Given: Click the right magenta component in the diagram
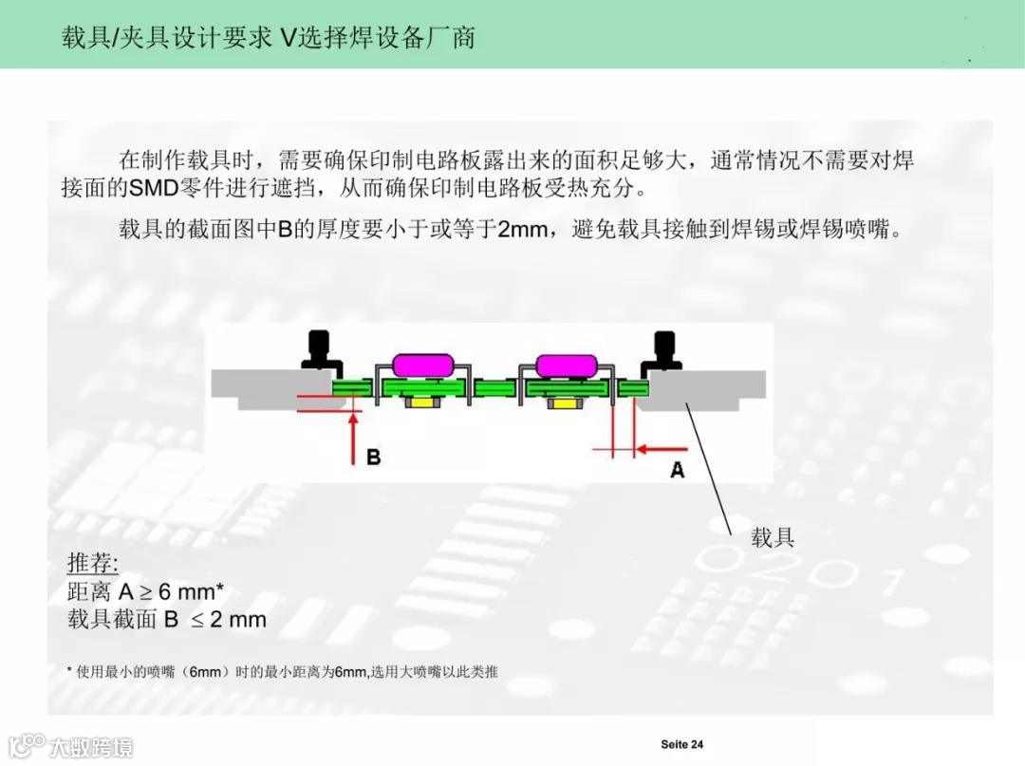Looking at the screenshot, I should [x=566, y=364].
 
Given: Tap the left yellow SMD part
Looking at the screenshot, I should [x=417, y=403].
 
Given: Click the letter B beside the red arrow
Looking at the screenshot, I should [x=373, y=457].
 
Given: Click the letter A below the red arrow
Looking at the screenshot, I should [x=678, y=468].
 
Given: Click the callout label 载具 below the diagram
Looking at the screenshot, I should [x=773, y=537].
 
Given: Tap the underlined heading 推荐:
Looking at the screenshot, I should [x=92, y=562].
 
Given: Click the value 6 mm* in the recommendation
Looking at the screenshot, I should [x=191, y=591].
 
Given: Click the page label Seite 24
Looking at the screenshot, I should [x=681, y=744].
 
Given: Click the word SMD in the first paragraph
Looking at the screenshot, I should [x=154, y=187].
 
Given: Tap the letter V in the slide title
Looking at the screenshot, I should [x=289, y=38].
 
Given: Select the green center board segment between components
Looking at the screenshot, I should [x=494, y=387].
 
